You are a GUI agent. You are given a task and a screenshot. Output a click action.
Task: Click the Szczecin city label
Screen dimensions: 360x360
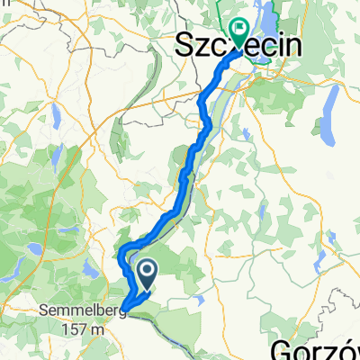[x=237, y=42]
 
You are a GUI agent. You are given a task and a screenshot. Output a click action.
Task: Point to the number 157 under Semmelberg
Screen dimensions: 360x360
[x=77, y=329]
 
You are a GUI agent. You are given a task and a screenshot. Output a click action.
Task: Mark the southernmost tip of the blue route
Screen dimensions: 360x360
[x=125, y=315]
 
